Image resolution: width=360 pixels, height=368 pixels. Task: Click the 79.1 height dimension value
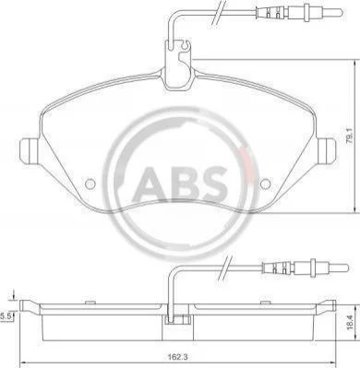(349, 136)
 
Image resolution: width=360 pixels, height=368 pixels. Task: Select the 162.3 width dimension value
(177, 358)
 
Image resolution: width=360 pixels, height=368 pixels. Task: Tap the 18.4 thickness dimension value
(348, 323)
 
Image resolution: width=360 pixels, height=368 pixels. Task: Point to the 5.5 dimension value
(6, 315)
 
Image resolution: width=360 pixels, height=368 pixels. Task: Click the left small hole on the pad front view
(90, 184)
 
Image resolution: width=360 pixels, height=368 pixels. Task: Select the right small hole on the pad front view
(265, 184)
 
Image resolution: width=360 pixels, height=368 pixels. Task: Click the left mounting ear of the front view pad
(30, 150)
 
